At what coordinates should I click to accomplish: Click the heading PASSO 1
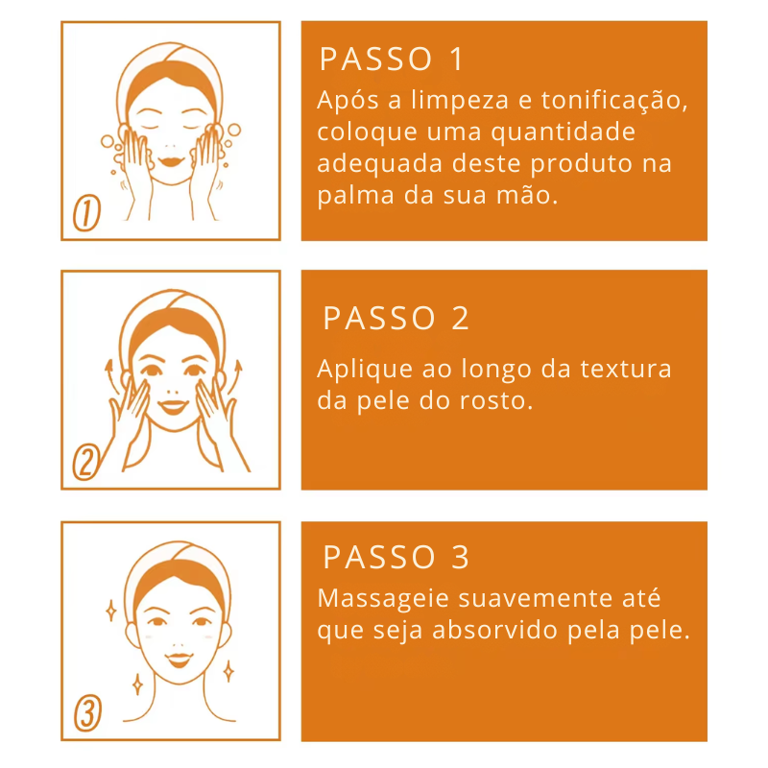point(392,60)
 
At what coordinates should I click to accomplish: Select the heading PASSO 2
point(396,319)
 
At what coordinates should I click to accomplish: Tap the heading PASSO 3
point(396,558)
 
